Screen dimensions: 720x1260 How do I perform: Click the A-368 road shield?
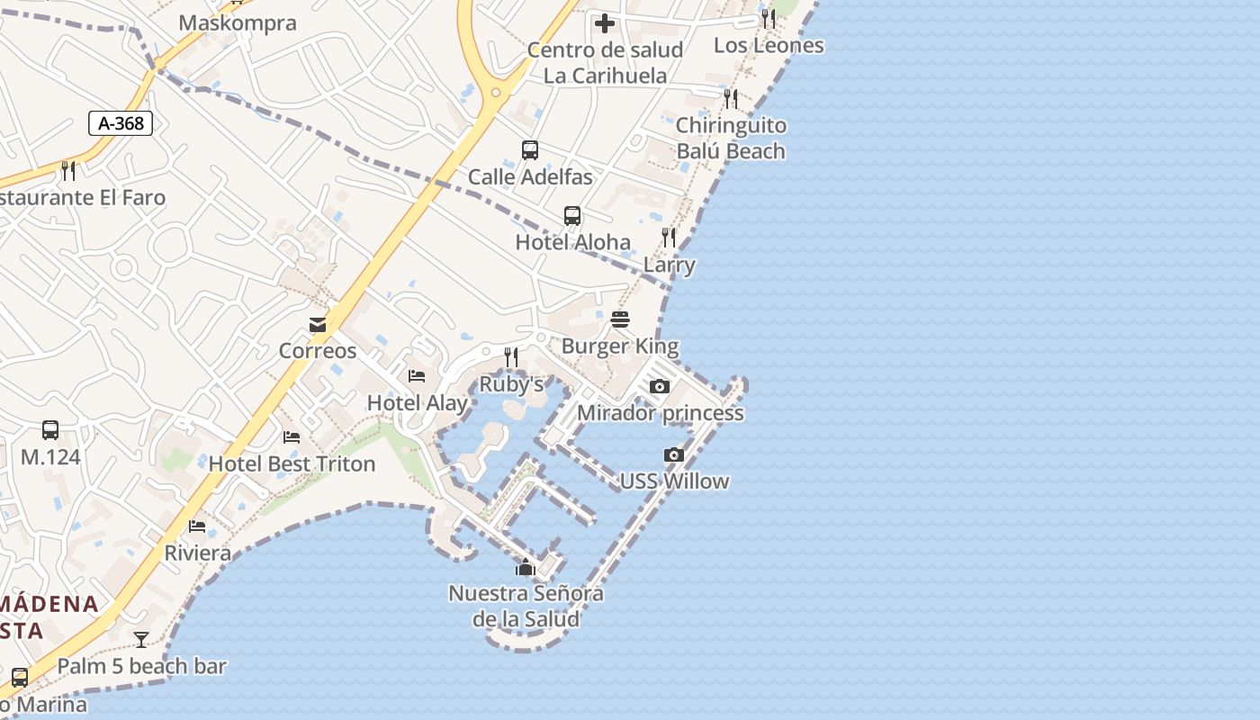121,123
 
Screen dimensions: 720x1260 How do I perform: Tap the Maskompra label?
238,22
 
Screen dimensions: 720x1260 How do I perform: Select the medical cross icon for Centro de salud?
605,23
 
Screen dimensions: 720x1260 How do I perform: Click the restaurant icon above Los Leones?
769,18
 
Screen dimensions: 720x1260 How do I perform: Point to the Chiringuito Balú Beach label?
731,138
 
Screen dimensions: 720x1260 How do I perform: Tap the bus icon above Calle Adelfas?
530,150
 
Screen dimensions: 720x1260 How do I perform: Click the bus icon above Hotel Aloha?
572,216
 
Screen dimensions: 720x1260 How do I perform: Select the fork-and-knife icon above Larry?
669,238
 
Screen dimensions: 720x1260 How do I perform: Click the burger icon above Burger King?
620,319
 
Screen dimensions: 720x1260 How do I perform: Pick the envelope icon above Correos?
318,325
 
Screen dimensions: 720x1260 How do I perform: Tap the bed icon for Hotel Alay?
417,376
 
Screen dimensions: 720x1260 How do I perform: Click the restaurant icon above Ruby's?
511,357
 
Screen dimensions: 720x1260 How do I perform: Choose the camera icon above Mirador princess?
660,387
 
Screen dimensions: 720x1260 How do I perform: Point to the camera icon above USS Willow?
674,455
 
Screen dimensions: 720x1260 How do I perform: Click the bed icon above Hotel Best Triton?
292,437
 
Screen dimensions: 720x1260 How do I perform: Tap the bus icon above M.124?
50,430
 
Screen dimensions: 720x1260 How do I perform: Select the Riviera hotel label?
197,553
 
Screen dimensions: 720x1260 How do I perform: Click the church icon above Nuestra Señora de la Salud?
526,567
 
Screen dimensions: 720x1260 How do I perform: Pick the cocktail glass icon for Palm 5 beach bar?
141,640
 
